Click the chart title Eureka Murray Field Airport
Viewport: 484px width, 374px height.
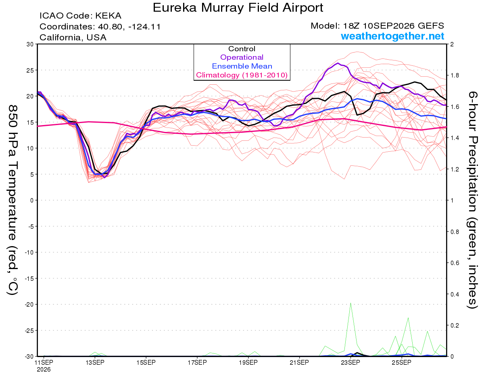tap(238, 8)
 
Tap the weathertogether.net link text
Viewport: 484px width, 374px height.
tap(392, 36)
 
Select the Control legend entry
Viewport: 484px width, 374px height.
tap(242, 49)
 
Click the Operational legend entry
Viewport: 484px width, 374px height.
tap(242, 57)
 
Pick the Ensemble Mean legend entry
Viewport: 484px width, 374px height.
tap(242, 66)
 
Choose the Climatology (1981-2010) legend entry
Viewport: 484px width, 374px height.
tap(242, 75)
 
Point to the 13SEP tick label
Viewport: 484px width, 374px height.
tap(95, 362)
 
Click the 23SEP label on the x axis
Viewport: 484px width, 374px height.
tap(350, 362)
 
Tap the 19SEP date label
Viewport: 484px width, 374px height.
tap(248, 362)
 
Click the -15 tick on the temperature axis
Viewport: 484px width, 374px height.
tap(29, 278)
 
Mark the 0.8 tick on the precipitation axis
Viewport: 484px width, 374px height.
tap(453, 232)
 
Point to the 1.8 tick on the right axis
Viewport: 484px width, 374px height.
tap(453, 75)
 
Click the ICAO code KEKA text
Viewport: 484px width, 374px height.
tap(80, 16)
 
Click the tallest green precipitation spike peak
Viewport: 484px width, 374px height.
tap(350, 303)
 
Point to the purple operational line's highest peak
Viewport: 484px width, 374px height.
tap(338, 63)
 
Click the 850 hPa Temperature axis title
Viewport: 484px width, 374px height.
tap(13, 200)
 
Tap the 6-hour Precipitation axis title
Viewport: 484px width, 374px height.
tap(472, 200)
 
